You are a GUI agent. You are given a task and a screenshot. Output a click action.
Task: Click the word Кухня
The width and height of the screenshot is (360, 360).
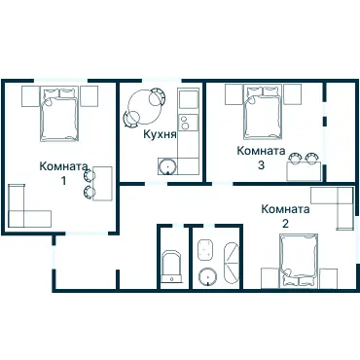[160, 134]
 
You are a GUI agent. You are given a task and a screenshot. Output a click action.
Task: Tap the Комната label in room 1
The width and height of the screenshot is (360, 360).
[63, 166]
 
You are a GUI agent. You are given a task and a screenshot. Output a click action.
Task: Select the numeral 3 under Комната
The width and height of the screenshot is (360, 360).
[261, 165]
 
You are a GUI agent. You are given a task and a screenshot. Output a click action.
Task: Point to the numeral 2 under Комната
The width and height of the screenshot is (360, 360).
[285, 224]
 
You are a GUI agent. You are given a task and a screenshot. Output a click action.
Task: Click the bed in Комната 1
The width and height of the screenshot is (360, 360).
[59, 114]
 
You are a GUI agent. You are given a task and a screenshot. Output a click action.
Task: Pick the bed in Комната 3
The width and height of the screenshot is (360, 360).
[264, 112]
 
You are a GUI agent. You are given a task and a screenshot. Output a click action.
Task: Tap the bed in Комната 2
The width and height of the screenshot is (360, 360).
[299, 261]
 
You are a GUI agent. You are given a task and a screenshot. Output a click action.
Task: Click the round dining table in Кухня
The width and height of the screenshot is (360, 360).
[144, 106]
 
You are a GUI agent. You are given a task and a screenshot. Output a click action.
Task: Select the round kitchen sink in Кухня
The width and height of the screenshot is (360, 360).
[167, 166]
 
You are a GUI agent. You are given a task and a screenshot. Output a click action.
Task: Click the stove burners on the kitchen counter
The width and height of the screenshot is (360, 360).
[185, 123]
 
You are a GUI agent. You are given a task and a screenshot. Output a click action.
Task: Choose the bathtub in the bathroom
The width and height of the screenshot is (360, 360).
[232, 264]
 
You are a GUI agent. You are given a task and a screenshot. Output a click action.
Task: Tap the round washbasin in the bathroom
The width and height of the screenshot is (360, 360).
[207, 276]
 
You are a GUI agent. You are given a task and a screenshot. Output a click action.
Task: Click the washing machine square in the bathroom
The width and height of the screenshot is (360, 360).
[205, 249]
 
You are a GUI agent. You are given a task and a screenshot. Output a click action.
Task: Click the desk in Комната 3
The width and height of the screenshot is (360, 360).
[304, 171]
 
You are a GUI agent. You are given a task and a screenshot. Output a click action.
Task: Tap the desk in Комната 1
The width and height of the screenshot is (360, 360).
[102, 184]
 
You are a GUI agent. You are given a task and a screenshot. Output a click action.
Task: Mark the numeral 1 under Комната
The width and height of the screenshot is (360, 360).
[64, 181]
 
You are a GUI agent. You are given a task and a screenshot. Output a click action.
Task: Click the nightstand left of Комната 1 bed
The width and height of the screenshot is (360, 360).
[30, 96]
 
